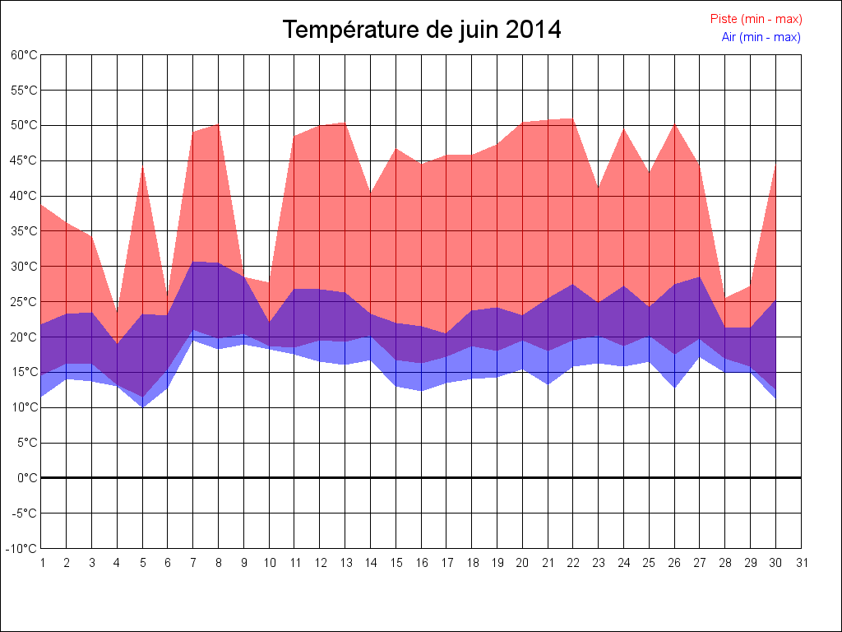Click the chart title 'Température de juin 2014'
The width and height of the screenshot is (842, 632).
click(x=422, y=30)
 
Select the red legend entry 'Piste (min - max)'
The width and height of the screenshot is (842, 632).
click(x=756, y=19)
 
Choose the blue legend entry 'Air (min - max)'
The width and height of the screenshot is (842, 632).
click(x=761, y=37)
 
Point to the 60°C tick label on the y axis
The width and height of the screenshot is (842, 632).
click(x=24, y=55)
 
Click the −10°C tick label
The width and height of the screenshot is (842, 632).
click(x=22, y=549)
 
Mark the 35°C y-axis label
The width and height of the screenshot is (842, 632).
click(x=24, y=231)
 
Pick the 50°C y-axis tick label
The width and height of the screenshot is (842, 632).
click(x=24, y=125)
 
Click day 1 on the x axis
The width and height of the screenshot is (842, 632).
click(x=41, y=563)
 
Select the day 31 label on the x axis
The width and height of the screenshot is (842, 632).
click(x=801, y=563)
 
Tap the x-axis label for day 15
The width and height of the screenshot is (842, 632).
click(x=396, y=563)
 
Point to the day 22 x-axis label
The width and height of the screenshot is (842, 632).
click(x=573, y=563)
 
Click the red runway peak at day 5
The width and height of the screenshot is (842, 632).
click(x=142, y=168)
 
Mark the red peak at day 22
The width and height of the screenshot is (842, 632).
click(x=573, y=119)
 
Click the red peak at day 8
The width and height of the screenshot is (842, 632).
click(x=218, y=124)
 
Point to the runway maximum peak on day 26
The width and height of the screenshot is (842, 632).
click(x=674, y=124)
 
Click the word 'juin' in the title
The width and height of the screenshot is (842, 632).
click(x=474, y=30)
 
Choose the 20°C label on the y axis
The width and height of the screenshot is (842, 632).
click(x=24, y=337)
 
